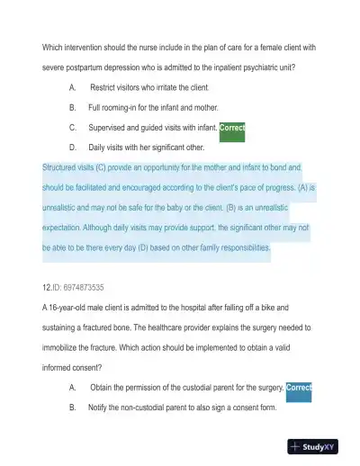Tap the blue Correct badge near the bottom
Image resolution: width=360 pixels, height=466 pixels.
298,388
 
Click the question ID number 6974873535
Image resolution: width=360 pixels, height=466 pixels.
80,287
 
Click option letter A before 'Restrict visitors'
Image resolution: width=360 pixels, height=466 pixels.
71,87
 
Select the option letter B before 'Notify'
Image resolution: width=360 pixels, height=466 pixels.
71,408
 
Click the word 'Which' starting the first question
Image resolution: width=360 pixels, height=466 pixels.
54,47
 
